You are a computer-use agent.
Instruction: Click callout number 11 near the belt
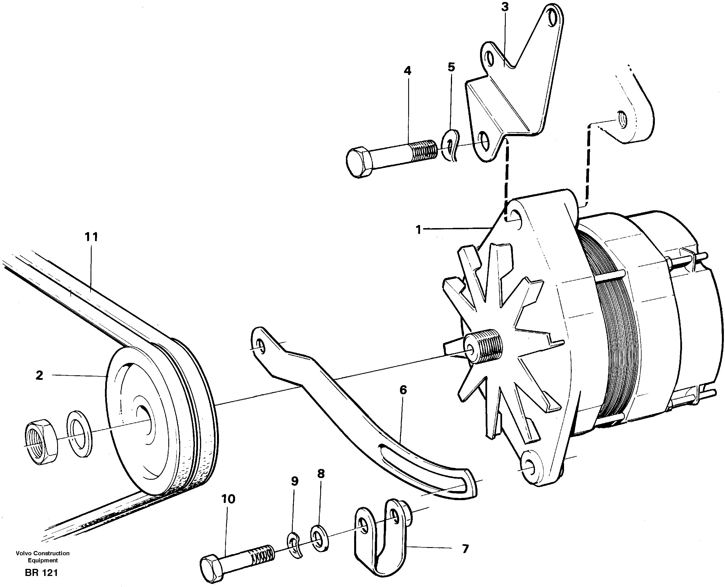point(91,237)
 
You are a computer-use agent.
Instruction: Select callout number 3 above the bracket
point(505,7)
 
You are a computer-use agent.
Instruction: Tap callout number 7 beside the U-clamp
point(465,549)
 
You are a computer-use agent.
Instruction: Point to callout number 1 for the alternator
point(419,230)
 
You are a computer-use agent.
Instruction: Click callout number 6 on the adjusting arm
point(403,390)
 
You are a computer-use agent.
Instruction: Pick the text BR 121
point(41,573)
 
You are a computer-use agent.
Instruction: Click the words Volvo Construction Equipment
point(43,556)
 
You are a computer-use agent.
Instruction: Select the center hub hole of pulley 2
point(144,419)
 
